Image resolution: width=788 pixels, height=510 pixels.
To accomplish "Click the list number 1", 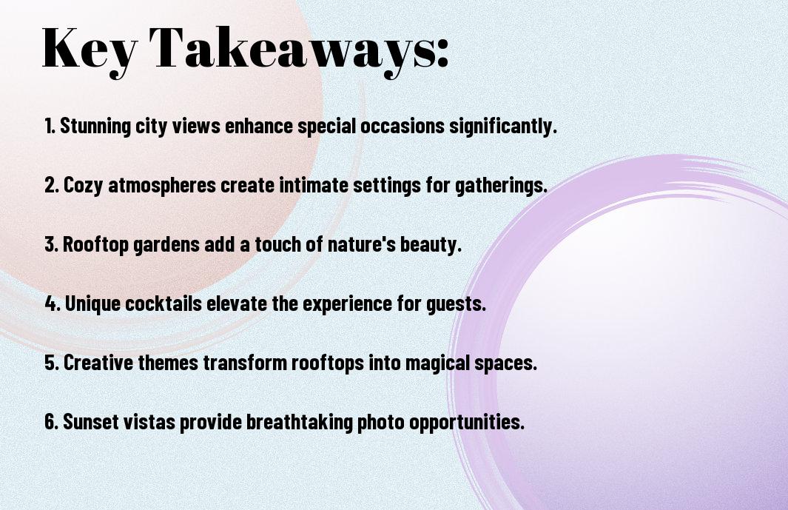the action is pyautogui.click(x=50, y=126).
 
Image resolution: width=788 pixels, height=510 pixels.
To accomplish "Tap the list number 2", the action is pyautogui.click(x=52, y=185).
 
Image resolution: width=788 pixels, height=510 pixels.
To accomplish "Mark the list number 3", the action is pyautogui.click(x=52, y=244).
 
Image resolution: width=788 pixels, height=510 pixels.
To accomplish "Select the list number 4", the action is pyautogui.click(x=53, y=303).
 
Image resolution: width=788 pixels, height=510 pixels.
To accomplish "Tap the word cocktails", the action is pyautogui.click(x=164, y=303).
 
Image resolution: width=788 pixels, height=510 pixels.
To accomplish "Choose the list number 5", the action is pyautogui.click(x=52, y=363).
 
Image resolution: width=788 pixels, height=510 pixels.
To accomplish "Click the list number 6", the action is pyautogui.click(x=52, y=422).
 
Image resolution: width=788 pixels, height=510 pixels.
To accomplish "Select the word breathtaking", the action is pyautogui.click(x=300, y=422).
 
